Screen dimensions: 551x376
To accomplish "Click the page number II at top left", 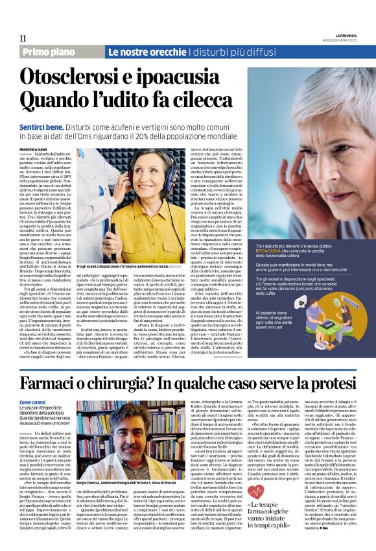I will (23, 38).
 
